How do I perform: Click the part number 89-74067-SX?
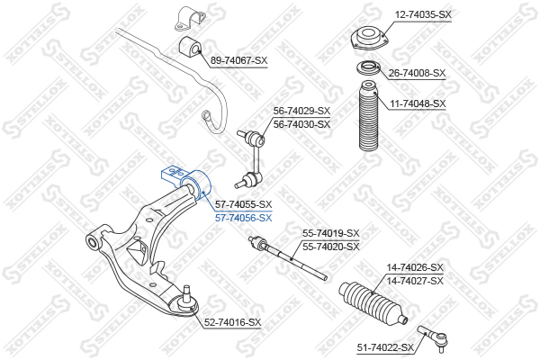coord(238,60)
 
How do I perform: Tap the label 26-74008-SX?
coord(417,73)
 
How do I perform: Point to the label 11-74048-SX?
coord(417,103)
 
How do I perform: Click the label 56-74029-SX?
coord(301,112)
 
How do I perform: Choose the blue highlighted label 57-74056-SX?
coord(243,218)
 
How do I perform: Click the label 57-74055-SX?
coord(243,205)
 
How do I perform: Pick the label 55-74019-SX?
coord(330,233)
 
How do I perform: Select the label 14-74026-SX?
coord(415,267)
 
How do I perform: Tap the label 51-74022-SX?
coord(385,347)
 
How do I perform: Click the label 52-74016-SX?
coord(231,322)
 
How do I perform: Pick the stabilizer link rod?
coord(253,158)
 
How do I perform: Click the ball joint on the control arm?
coord(187,300)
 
